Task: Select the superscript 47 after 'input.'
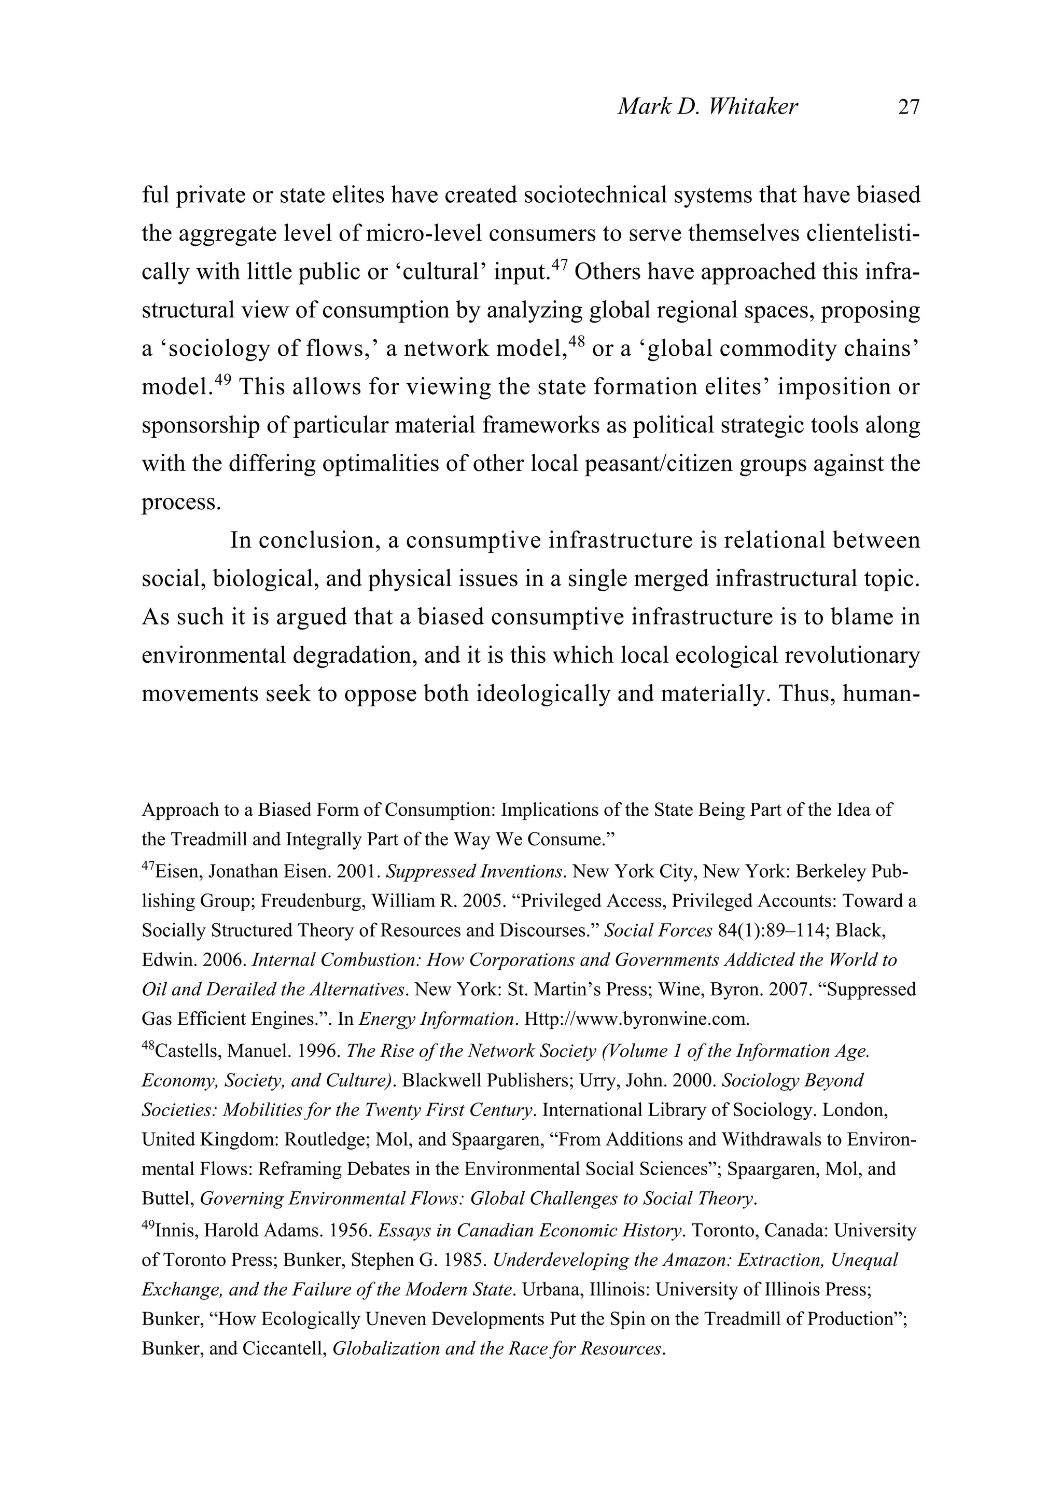pyautogui.click(x=558, y=264)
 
